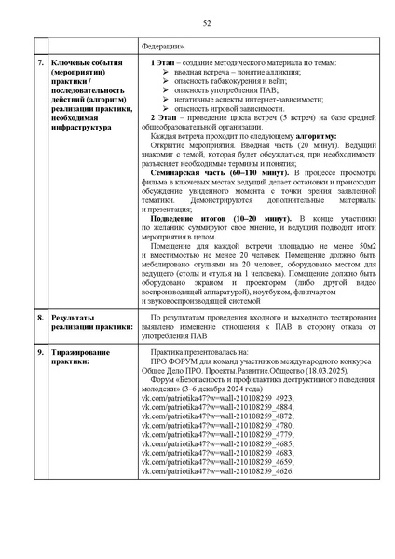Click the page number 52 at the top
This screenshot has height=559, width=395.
click(197, 22)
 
